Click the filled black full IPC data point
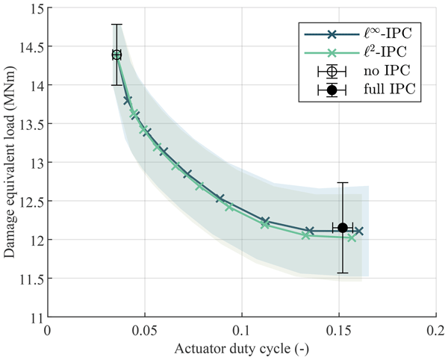(x=343, y=228)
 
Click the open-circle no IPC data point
(x=116, y=55)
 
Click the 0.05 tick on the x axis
(x=145, y=329)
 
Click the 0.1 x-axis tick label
(x=242, y=329)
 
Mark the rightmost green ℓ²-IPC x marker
(x=352, y=238)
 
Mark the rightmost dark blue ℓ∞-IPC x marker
(x=359, y=231)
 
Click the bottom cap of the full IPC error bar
(x=343, y=273)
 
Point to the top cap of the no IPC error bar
(x=116, y=25)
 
